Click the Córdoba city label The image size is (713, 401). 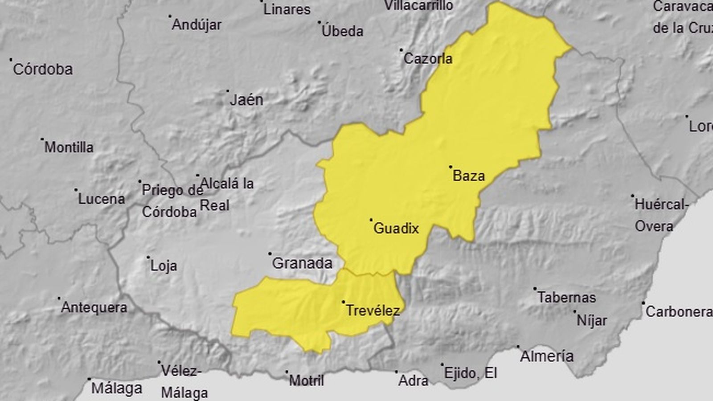(x=43, y=69)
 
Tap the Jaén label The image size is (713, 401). (x=246, y=100)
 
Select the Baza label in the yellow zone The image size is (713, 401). (x=469, y=176)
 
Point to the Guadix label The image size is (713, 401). (x=396, y=228)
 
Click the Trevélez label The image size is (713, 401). (x=373, y=310)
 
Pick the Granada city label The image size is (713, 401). (x=302, y=263)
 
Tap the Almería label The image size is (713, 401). (x=547, y=356)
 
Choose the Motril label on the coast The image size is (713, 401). (x=307, y=380)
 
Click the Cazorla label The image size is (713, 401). (x=428, y=58)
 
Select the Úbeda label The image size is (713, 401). (x=342, y=31)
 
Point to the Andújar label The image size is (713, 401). (x=197, y=25)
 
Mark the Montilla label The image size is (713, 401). (x=69, y=147)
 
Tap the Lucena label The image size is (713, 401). (x=102, y=199)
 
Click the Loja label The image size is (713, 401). (x=164, y=266)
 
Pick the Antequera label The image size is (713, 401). (x=94, y=307)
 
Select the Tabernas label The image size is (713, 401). (x=566, y=297)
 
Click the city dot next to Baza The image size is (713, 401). (x=451, y=167)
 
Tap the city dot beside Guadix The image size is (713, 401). (x=371, y=220)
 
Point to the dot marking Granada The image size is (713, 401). (x=270, y=254)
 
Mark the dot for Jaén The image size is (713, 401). (x=227, y=91)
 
